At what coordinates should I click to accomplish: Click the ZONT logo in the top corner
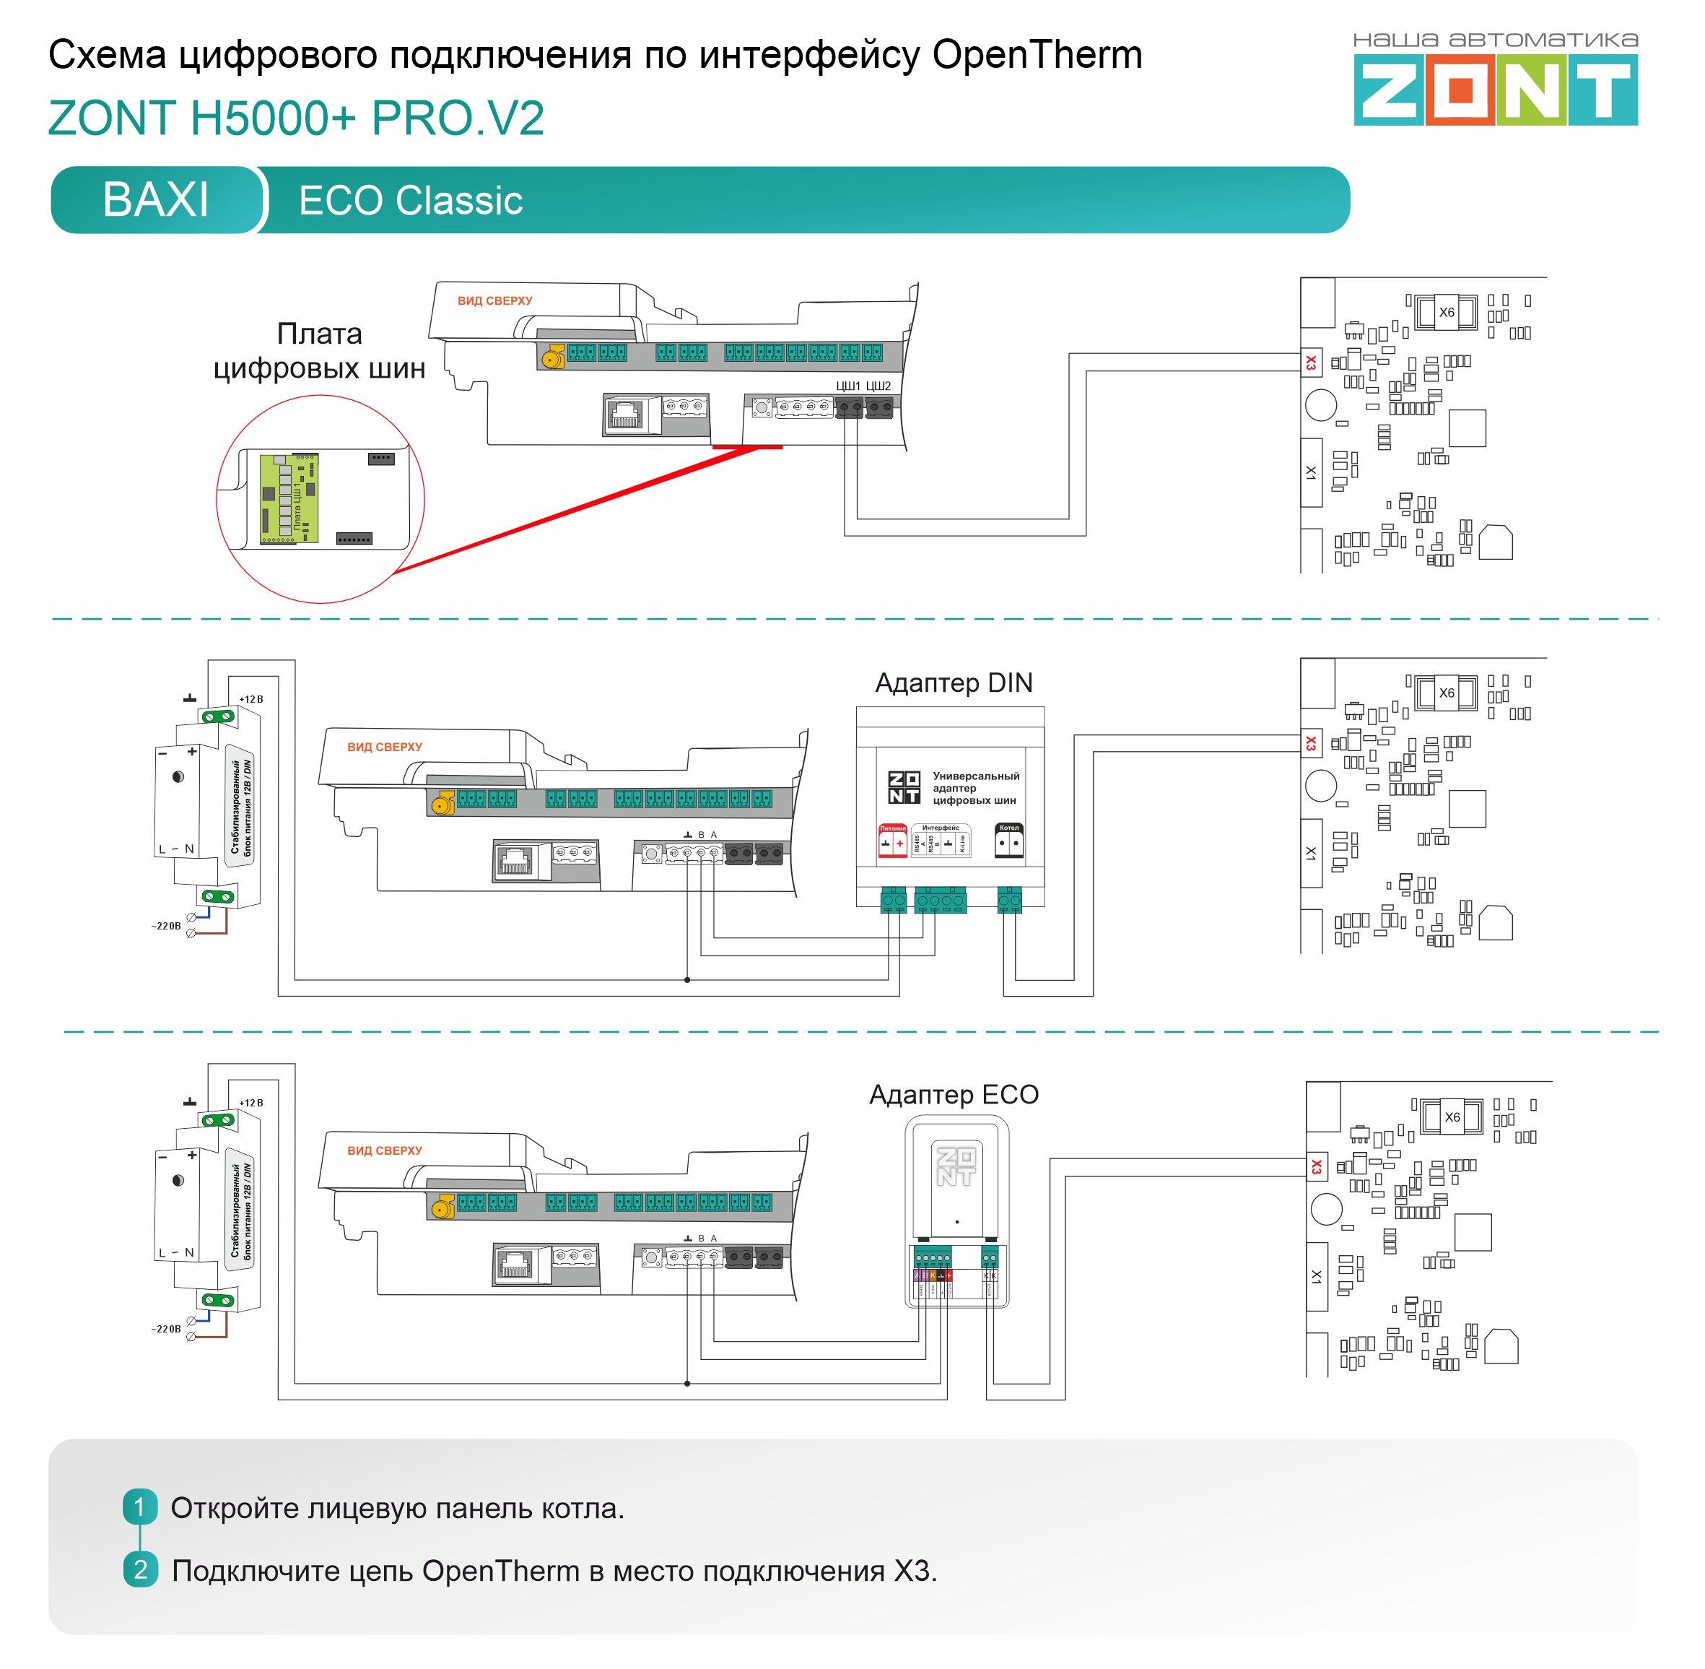(1495, 90)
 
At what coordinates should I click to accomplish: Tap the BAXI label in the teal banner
(156, 200)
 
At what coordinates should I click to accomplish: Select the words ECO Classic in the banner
(410, 201)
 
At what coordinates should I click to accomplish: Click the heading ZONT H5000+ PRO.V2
(296, 118)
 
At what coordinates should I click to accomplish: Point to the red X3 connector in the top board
(1311, 362)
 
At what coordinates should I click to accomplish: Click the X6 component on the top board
(1447, 312)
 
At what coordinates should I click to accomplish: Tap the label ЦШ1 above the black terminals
(847, 386)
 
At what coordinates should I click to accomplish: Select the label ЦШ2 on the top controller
(878, 386)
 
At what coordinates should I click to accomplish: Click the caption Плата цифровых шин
(319, 351)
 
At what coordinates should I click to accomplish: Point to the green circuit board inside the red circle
(290, 498)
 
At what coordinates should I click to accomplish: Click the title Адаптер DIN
(954, 683)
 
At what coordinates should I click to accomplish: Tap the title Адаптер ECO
(954, 1095)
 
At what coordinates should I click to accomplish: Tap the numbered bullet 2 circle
(140, 1570)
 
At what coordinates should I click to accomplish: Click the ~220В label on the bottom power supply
(165, 1329)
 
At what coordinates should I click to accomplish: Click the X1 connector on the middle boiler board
(1311, 853)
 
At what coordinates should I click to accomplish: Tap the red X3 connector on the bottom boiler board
(1316, 1167)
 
